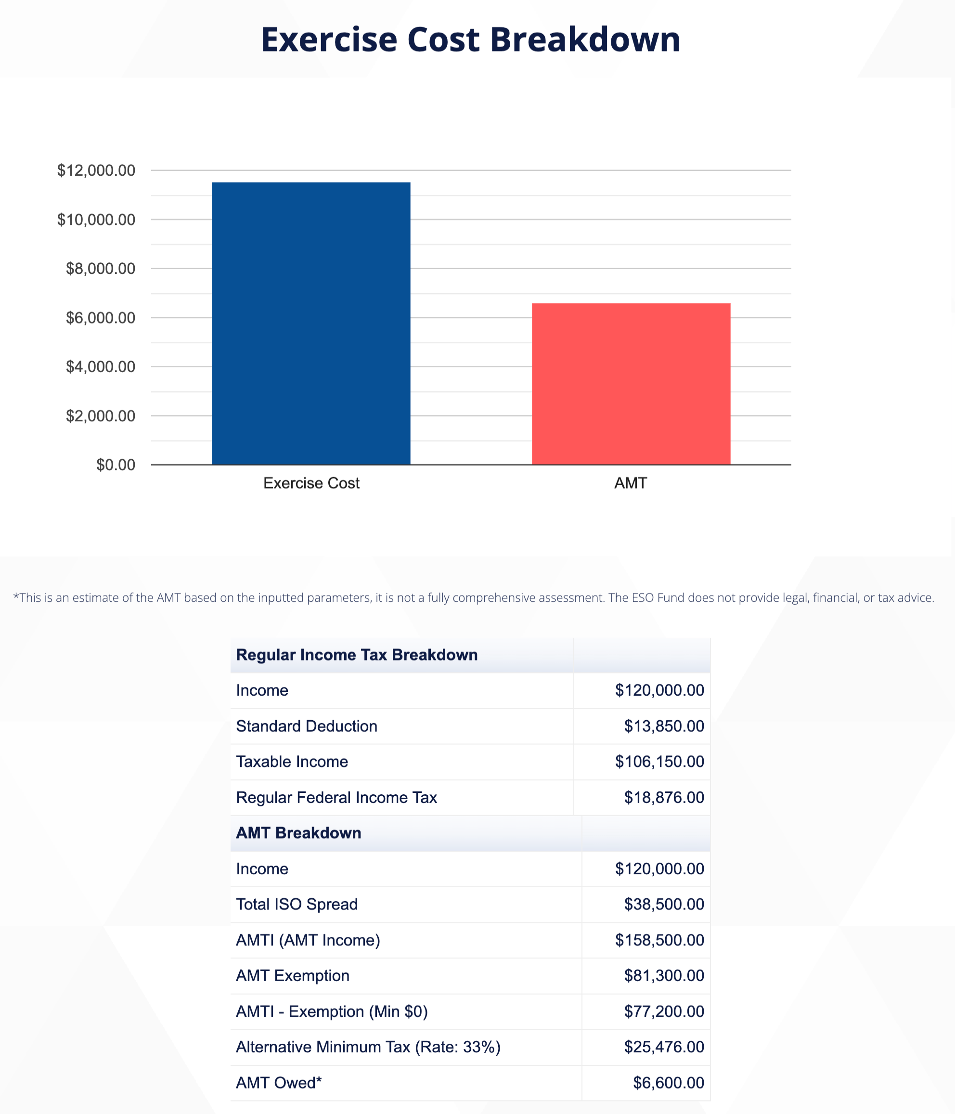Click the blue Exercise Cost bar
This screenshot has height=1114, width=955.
[310, 323]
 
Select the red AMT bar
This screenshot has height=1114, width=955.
[631, 383]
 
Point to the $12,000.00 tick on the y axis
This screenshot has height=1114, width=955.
[96, 170]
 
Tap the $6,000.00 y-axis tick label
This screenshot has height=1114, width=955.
[101, 318]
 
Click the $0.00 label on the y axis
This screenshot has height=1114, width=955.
[116, 465]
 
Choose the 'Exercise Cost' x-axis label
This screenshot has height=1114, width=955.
[311, 483]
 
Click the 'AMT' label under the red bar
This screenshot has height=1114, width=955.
[631, 483]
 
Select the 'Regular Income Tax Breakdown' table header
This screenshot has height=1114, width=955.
[357, 655]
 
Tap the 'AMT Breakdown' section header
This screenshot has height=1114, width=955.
[298, 833]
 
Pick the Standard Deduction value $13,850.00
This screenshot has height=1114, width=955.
[664, 726]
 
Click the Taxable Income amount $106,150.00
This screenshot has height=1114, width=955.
[659, 762]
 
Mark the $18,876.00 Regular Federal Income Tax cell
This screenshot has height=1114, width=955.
[664, 797]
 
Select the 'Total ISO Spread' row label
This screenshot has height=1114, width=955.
[297, 904]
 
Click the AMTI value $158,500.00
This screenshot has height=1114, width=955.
[659, 940]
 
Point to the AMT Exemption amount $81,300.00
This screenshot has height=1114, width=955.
[664, 976]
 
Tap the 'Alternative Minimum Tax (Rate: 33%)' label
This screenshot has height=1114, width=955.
[368, 1047]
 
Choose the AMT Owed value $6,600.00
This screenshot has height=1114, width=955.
[668, 1083]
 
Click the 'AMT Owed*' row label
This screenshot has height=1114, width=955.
[278, 1083]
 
